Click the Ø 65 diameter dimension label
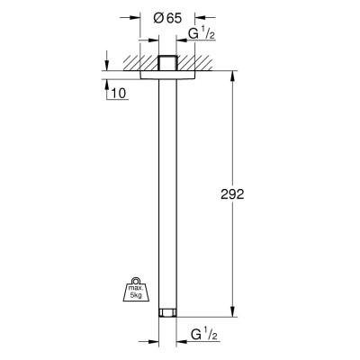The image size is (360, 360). tap(167, 18)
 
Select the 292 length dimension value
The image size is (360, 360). tap(232, 194)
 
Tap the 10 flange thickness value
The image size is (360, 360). tap(119, 94)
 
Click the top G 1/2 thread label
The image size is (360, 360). tap(202, 34)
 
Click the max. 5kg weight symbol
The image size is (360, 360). tap(136, 289)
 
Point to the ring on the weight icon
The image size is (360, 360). tap(137, 280)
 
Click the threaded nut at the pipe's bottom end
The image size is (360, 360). tap(167, 312)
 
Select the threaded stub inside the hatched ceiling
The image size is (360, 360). tap(167, 63)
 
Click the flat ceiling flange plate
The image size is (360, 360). tap(167, 76)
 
